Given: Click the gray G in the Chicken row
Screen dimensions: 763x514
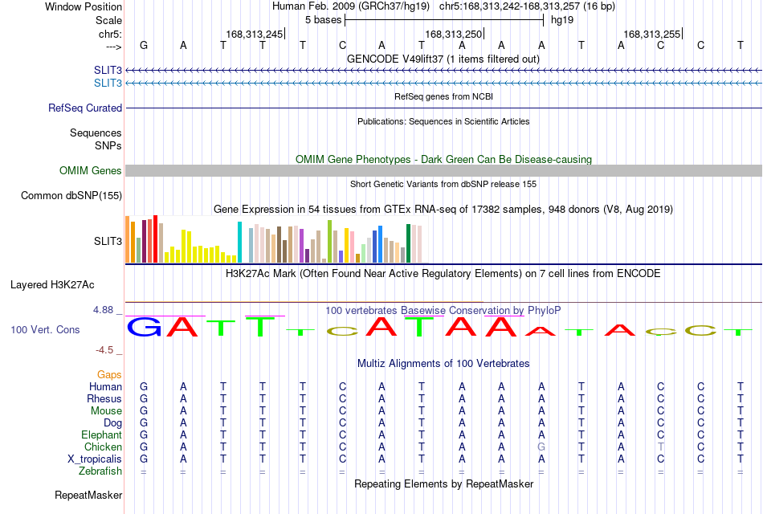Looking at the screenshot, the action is [541, 447].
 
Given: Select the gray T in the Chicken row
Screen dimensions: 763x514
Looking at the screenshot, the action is [660, 447].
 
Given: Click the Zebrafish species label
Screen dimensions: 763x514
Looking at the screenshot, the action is [100, 471].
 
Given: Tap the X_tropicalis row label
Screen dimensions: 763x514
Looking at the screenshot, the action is [95, 459].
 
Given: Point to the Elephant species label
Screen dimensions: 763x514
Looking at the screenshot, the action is [101, 434].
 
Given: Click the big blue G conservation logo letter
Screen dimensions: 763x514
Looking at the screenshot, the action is [144, 327].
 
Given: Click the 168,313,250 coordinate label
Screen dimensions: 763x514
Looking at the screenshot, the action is [453, 34].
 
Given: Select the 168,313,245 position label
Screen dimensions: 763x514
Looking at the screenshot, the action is [254, 34].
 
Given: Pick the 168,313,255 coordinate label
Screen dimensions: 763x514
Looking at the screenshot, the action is [651, 34].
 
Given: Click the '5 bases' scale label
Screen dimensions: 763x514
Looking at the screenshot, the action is [323, 20].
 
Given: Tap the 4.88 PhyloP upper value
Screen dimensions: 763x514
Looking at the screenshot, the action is [103, 310].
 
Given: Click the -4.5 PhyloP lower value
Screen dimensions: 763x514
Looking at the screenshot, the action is [104, 350].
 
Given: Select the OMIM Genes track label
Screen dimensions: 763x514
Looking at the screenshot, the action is [91, 170].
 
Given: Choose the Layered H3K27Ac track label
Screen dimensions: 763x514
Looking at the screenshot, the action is [52, 285].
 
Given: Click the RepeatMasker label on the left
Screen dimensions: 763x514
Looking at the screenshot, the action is [88, 495].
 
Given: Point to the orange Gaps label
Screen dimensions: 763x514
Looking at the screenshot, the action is [109, 375].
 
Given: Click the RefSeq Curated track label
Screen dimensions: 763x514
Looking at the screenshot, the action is [85, 108].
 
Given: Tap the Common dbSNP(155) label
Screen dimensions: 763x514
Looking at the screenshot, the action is [71, 196].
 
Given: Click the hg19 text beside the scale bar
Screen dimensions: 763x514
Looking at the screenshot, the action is [562, 20].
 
